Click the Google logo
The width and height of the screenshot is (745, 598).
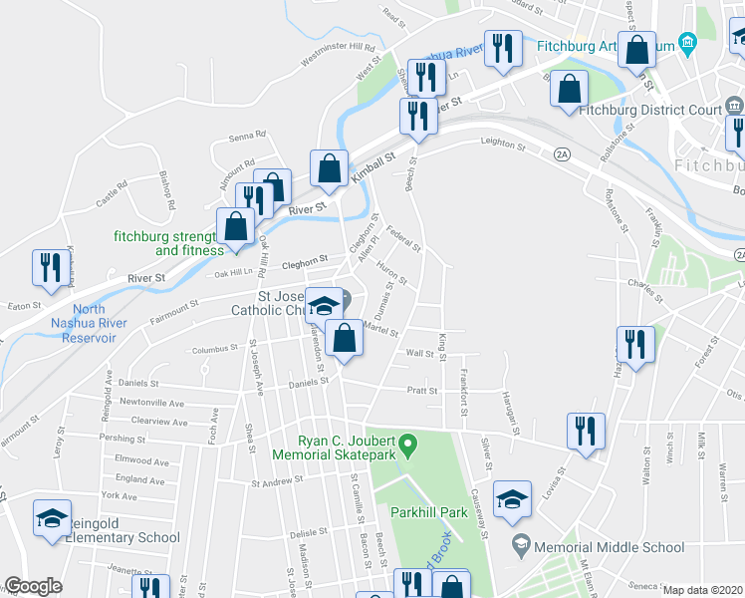(33, 586)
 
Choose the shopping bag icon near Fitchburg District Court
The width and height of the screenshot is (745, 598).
(568, 88)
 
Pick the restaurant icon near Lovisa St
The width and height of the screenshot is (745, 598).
(585, 431)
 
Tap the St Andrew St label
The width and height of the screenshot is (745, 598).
(276, 483)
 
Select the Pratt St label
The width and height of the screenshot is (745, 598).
(422, 391)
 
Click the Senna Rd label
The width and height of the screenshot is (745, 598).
(248, 136)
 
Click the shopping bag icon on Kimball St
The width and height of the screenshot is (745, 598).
(329, 168)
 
